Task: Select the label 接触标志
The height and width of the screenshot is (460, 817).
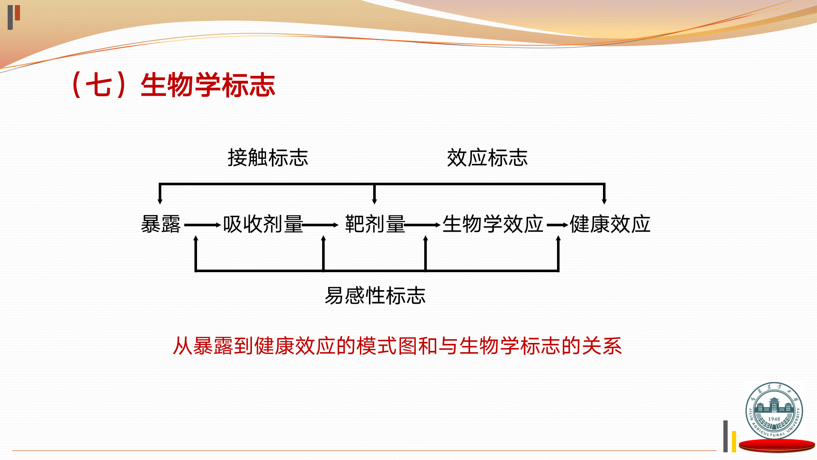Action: [x=268, y=158]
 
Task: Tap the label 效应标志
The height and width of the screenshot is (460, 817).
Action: [x=487, y=158]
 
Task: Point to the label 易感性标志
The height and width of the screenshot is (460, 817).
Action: [x=375, y=296]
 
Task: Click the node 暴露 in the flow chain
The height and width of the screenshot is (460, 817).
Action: [x=161, y=224]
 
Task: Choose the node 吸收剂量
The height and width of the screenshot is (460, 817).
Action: [x=263, y=224]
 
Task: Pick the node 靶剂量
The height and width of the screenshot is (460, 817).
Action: [x=375, y=224]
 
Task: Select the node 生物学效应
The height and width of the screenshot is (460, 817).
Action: [x=493, y=224]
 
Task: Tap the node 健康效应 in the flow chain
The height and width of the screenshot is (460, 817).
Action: [x=610, y=224]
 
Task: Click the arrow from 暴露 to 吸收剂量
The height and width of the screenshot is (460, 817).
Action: [x=203, y=225]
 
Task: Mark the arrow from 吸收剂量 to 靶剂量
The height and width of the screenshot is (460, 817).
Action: [x=320, y=225]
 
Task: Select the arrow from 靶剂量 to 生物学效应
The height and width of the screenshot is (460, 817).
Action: [x=423, y=225]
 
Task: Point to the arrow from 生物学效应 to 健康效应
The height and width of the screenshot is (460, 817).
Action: [x=557, y=225]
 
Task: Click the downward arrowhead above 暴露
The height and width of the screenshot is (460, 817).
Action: [x=160, y=201]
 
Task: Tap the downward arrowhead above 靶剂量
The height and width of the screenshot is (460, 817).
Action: [x=374, y=201]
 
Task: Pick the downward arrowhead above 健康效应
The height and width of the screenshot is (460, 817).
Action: [x=604, y=201]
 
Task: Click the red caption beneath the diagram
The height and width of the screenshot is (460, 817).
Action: [x=397, y=346]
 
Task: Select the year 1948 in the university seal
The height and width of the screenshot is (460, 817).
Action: [x=774, y=419]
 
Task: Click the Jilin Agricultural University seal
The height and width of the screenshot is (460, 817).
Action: [x=774, y=411]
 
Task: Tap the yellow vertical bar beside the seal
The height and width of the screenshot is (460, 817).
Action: [x=734, y=442]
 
